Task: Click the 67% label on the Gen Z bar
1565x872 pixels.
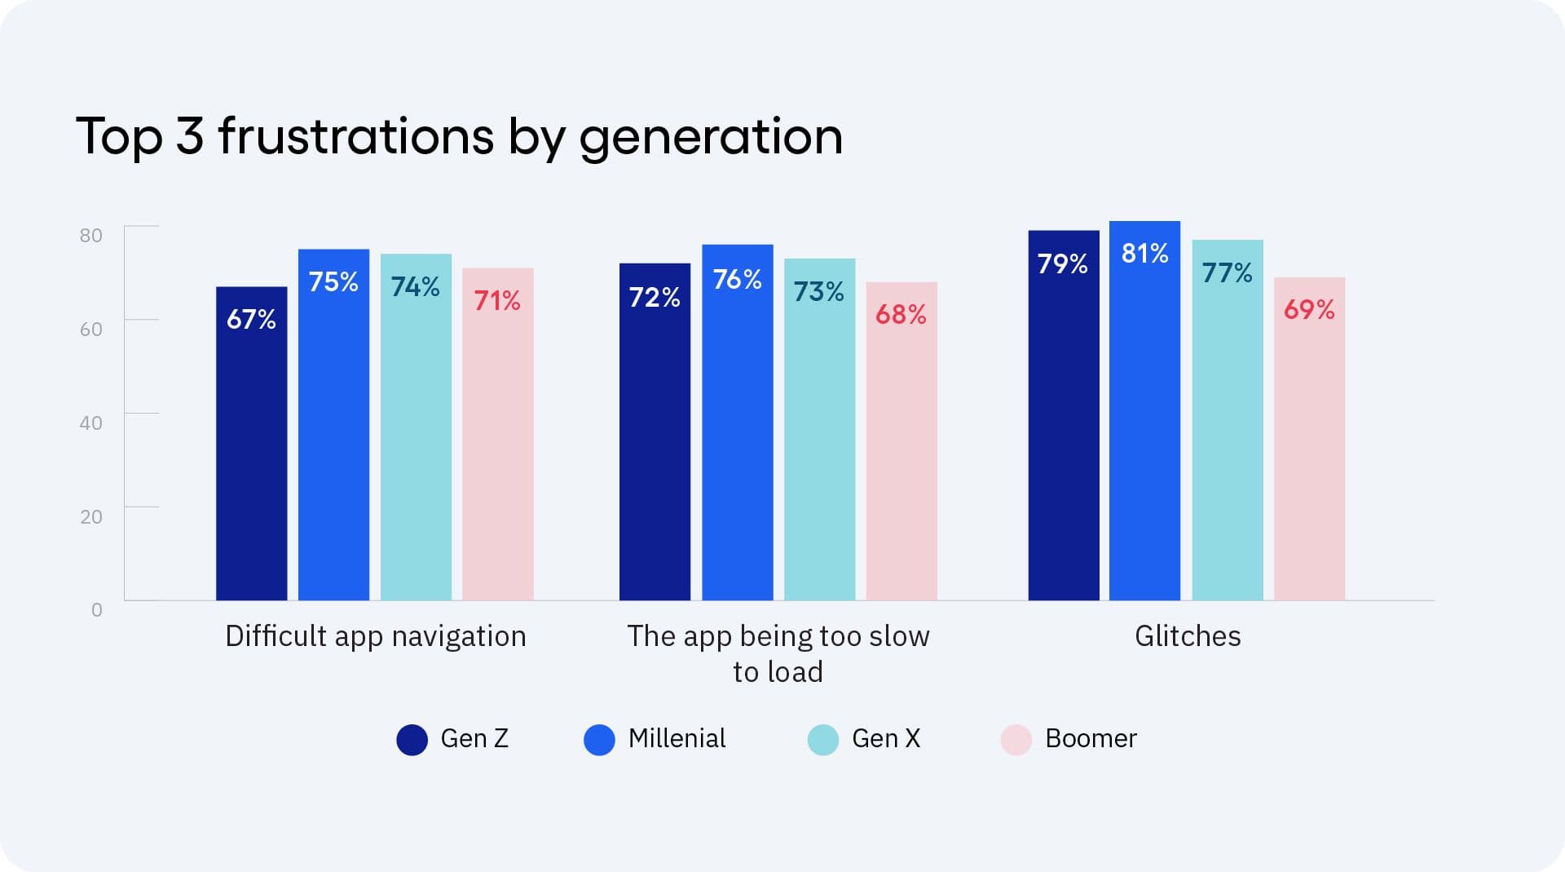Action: point(251,319)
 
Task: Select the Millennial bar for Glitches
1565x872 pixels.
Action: point(1144,424)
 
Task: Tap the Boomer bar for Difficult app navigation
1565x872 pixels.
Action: point(497,449)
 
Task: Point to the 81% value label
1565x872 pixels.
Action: point(1144,254)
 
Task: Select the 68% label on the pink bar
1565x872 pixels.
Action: point(901,315)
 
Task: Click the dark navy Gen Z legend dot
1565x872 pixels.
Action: point(412,740)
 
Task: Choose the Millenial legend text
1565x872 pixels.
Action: point(677,738)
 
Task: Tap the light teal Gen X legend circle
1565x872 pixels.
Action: point(822,740)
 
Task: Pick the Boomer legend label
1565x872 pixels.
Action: point(1090,738)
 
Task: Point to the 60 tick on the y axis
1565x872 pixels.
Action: point(91,330)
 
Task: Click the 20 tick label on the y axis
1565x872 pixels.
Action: point(91,516)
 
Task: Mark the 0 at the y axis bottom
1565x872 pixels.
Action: point(97,610)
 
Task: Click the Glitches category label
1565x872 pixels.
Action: point(1188,636)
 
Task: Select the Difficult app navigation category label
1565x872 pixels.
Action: point(375,636)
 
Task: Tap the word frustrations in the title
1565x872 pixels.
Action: point(356,135)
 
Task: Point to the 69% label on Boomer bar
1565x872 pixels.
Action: point(1309,310)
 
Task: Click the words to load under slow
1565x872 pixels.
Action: point(778,672)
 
